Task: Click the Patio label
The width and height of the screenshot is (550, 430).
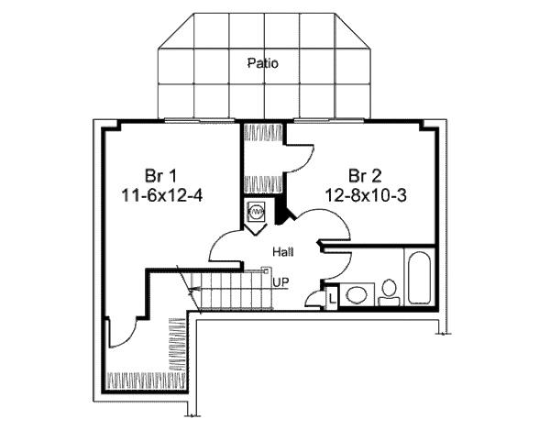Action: pos(262,63)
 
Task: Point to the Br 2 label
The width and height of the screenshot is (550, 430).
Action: pos(364,175)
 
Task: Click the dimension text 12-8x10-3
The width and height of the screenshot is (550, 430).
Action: pos(364,194)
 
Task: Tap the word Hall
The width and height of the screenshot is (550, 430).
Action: pos(282,249)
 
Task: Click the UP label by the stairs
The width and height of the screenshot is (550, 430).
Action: pos(280,282)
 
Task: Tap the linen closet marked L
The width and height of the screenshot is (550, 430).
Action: pos(331,296)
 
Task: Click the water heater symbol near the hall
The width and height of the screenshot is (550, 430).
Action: pos(256,213)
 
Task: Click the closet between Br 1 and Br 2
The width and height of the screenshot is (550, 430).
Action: pos(262,160)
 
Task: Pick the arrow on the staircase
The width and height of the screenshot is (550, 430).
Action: pos(194,292)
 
